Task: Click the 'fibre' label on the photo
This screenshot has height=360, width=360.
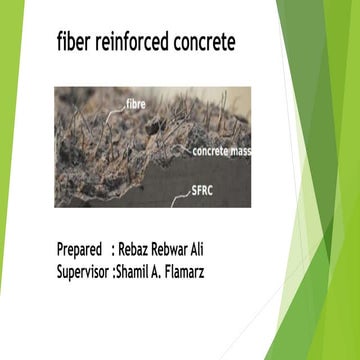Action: pyautogui.click(x=138, y=101)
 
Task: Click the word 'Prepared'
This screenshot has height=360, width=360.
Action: pyautogui.click(x=79, y=249)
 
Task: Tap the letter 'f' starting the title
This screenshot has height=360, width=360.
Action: pyautogui.click(x=61, y=45)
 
